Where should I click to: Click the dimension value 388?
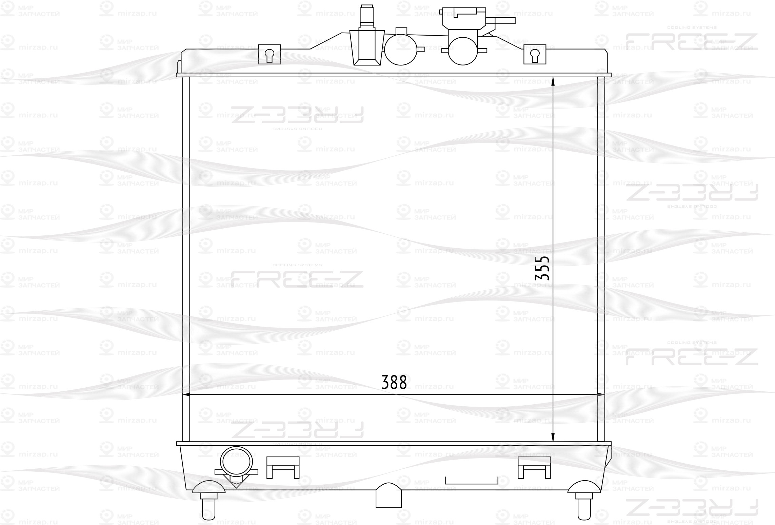[394, 383]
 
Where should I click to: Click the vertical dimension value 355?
[542, 268]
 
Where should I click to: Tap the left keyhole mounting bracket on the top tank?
[270, 54]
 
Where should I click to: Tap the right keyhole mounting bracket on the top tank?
[535, 54]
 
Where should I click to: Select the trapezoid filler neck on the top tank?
[367, 47]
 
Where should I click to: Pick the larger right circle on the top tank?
[463, 51]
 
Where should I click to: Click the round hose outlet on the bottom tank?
[236, 462]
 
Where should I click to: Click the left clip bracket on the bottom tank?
[283, 467]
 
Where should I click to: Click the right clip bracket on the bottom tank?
[534, 467]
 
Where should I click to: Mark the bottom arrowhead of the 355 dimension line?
[553, 438]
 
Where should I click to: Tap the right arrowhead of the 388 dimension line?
[600, 395]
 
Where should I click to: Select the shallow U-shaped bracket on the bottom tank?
[471, 481]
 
